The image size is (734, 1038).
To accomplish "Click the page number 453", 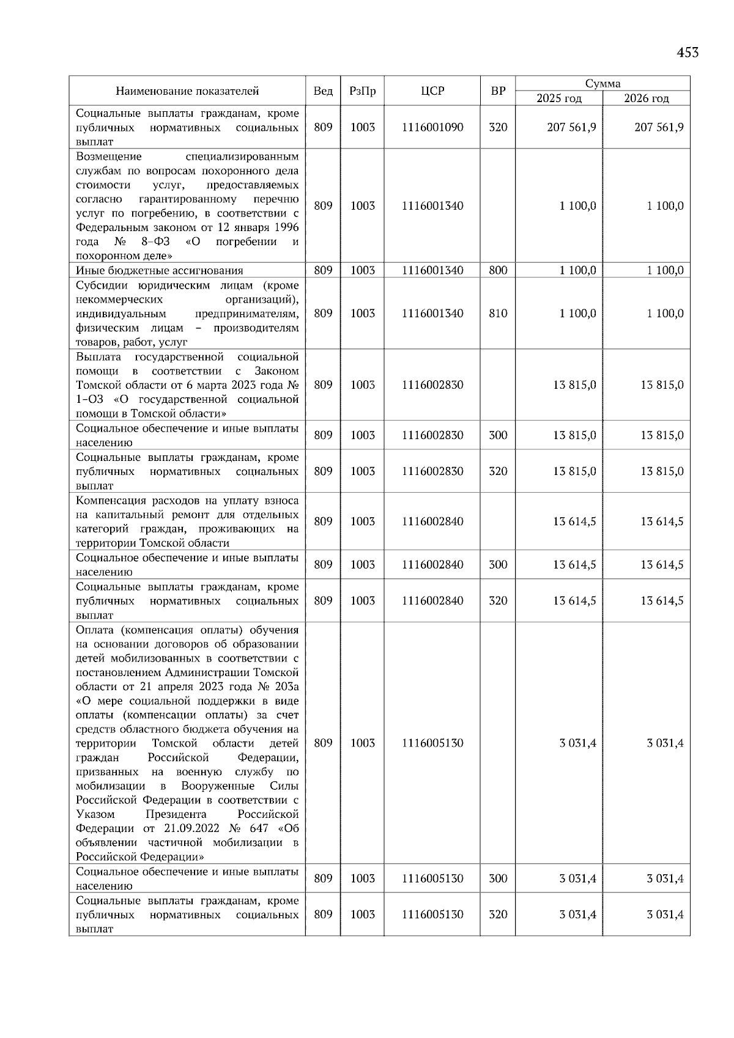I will [687, 53].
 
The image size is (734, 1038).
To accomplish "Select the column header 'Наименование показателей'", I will [187, 91].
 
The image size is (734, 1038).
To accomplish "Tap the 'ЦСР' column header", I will [432, 91].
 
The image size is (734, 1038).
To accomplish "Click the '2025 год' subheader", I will [558, 98].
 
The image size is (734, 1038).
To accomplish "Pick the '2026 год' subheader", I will [646, 98].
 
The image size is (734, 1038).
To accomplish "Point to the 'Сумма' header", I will [602, 84].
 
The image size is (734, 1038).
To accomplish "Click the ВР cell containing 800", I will [497, 270].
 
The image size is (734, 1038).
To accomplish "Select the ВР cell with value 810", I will [497, 314].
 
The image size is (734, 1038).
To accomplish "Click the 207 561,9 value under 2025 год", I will [571, 127].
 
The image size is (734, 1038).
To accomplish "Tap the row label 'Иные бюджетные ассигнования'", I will [159, 271].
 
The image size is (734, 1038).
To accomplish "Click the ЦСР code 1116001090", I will [432, 127].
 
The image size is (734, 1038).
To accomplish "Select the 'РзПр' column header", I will [362, 91].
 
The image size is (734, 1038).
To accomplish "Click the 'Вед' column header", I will [322, 91].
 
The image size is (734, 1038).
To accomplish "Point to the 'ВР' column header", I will [497, 91].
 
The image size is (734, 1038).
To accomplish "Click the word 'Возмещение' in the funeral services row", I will [108, 156].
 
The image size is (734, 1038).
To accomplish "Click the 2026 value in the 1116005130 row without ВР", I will [665, 743].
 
